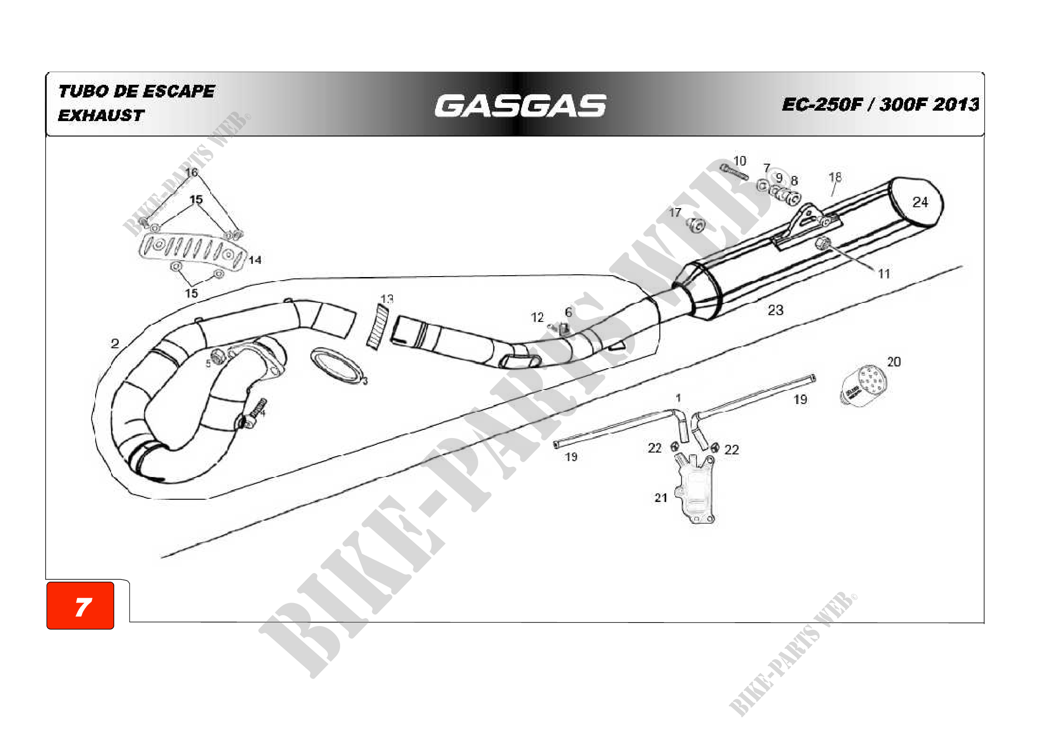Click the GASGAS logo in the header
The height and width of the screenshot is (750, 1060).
[520, 106]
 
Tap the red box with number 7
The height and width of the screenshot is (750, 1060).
[80, 606]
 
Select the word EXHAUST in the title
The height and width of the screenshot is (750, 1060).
[101, 116]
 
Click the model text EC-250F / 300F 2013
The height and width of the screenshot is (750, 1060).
[880, 105]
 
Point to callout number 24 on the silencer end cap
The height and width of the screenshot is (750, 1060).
[920, 202]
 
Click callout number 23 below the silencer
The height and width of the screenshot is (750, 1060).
[775, 310]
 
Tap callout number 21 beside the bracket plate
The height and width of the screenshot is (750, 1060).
[661, 498]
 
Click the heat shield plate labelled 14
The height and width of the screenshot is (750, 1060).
[192, 250]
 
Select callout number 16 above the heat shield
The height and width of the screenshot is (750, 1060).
[191, 173]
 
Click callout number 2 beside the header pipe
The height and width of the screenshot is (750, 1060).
[115, 344]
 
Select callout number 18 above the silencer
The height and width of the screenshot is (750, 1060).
[835, 177]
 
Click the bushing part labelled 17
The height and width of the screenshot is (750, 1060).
[696, 225]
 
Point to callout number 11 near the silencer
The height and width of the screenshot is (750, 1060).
[884, 274]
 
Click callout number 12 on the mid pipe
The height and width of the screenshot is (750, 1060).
[537, 318]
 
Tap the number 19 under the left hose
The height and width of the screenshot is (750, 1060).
[571, 457]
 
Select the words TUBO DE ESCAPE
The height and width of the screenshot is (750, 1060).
[137, 92]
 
